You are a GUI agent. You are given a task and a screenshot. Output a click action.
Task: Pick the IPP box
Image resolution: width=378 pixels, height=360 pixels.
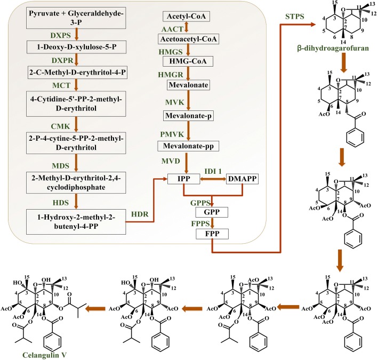coord(183,178)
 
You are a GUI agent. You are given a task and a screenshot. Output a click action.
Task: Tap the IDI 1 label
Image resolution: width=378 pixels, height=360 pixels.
coord(212,170)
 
